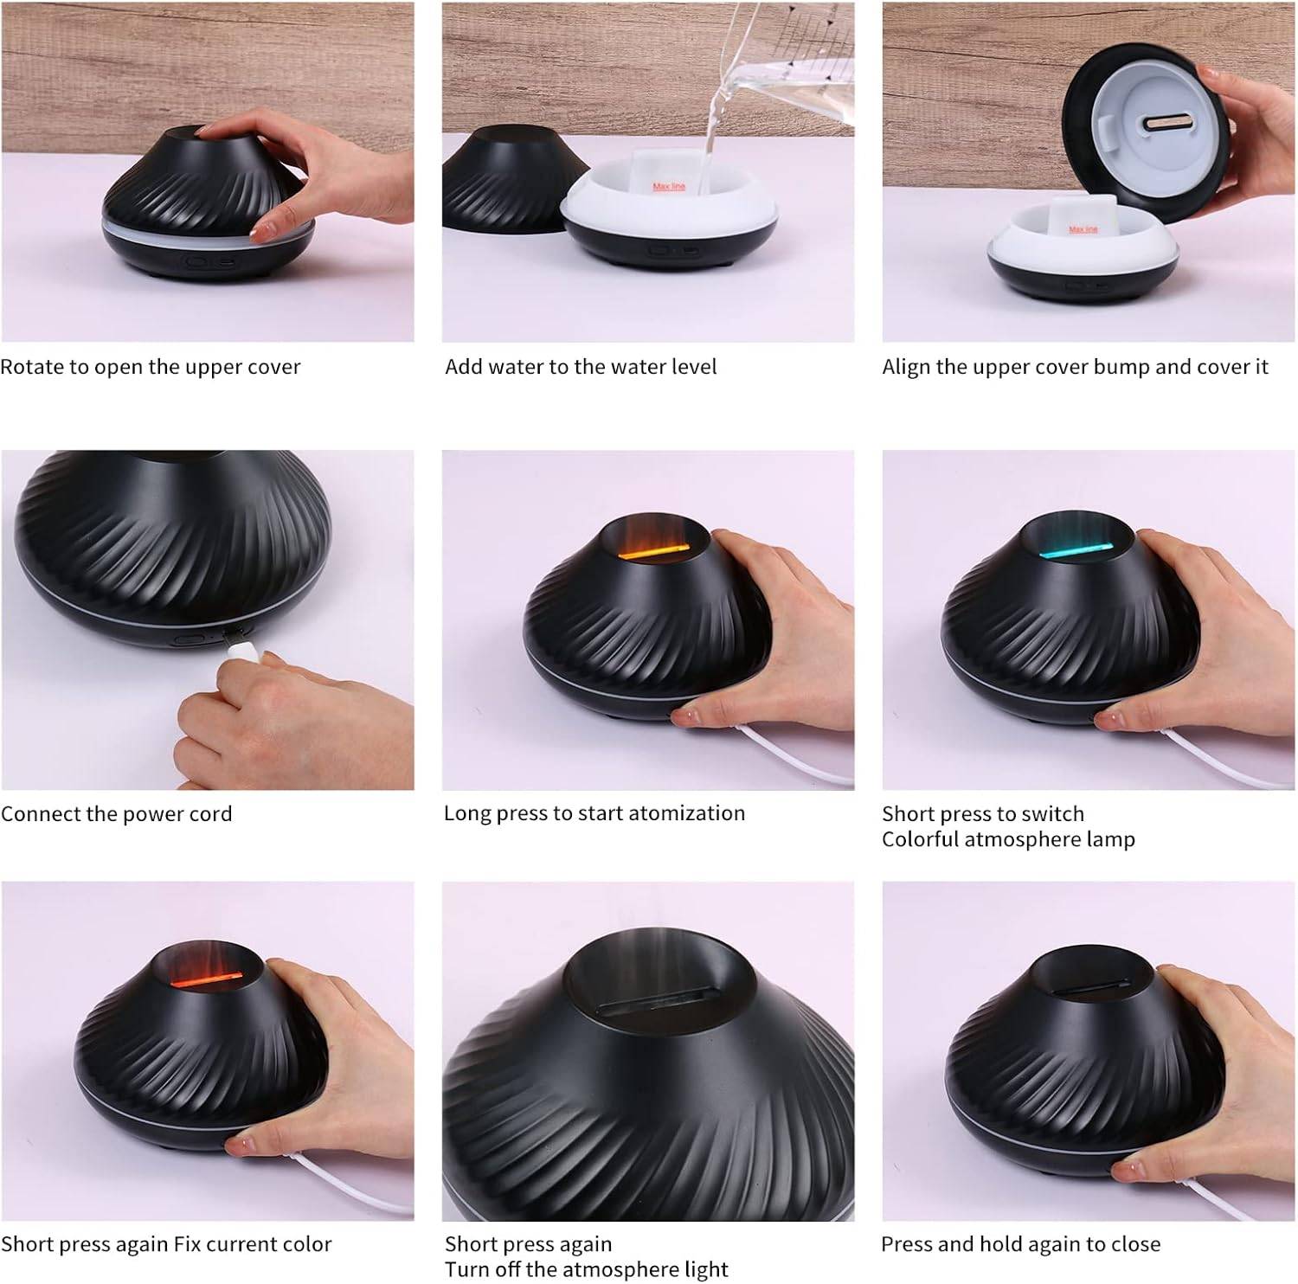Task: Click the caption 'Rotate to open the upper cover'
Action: click(x=151, y=367)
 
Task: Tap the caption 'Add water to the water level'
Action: click(x=581, y=367)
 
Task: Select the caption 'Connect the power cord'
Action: click(x=117, y=814)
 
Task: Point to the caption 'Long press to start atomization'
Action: click(x=594, y=813)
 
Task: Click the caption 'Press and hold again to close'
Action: click(x=1020, y=1244)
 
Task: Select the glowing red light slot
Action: click(x=209, y=979)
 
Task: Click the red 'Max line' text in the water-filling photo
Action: click(x=668, y=186)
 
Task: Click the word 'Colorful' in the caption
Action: click(x=919, y=839)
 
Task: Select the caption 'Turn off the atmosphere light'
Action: click(x=587, y=1269)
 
